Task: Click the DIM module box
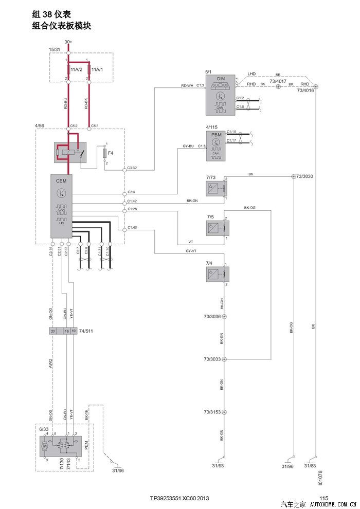coord(220,96)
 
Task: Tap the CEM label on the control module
coord(61,180)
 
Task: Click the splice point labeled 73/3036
coord(224,317)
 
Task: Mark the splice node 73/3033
coord(224,359)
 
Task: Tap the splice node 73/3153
coord(224,412)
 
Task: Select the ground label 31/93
coord(218,466)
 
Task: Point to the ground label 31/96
coord(287,466)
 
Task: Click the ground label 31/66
coord(118,469)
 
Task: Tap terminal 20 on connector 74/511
coord(53,332)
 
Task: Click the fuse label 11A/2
coord(76,69)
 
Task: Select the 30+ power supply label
coord(68,42)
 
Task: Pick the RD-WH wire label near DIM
coord(187,85)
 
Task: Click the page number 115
coord(323,498)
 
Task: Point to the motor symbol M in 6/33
coord(45,446)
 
